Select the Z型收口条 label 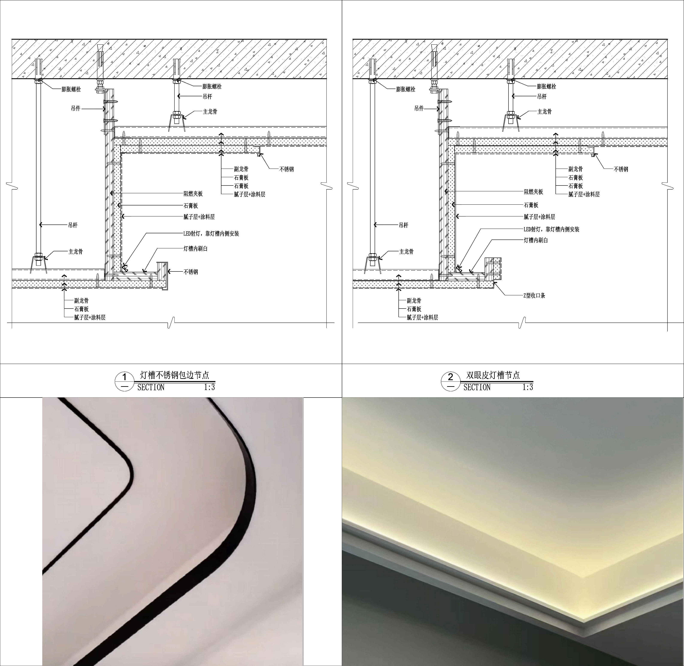coord(534,295)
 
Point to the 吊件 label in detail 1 coord(76,108)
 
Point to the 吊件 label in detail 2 coord(419,108)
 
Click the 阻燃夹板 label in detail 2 coord(533,192)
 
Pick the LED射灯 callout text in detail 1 coord(211,234)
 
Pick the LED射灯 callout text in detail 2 coord(551,229)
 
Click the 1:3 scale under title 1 coord(209,387)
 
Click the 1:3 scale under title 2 coord(528,387)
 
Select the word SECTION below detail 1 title coord(151,387)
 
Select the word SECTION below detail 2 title coord(477,387)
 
